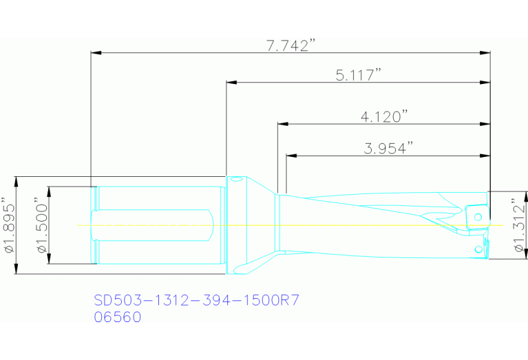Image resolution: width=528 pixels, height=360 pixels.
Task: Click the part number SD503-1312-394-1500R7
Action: point(196,301)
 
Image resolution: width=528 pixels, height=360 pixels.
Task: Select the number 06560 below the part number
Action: point(117,317)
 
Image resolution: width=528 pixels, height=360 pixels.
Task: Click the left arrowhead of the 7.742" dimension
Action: point(96,52)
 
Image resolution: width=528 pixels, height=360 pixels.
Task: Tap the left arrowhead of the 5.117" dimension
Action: point(231,83)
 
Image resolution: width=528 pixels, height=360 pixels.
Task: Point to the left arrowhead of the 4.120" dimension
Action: point(282,125)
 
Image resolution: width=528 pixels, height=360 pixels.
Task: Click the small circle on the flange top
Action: point(235,181)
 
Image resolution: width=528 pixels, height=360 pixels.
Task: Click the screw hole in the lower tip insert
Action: point(476,248)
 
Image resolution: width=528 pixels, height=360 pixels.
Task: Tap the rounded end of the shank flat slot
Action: point(209,225)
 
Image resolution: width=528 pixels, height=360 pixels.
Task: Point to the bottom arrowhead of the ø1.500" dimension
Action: point(48,260)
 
